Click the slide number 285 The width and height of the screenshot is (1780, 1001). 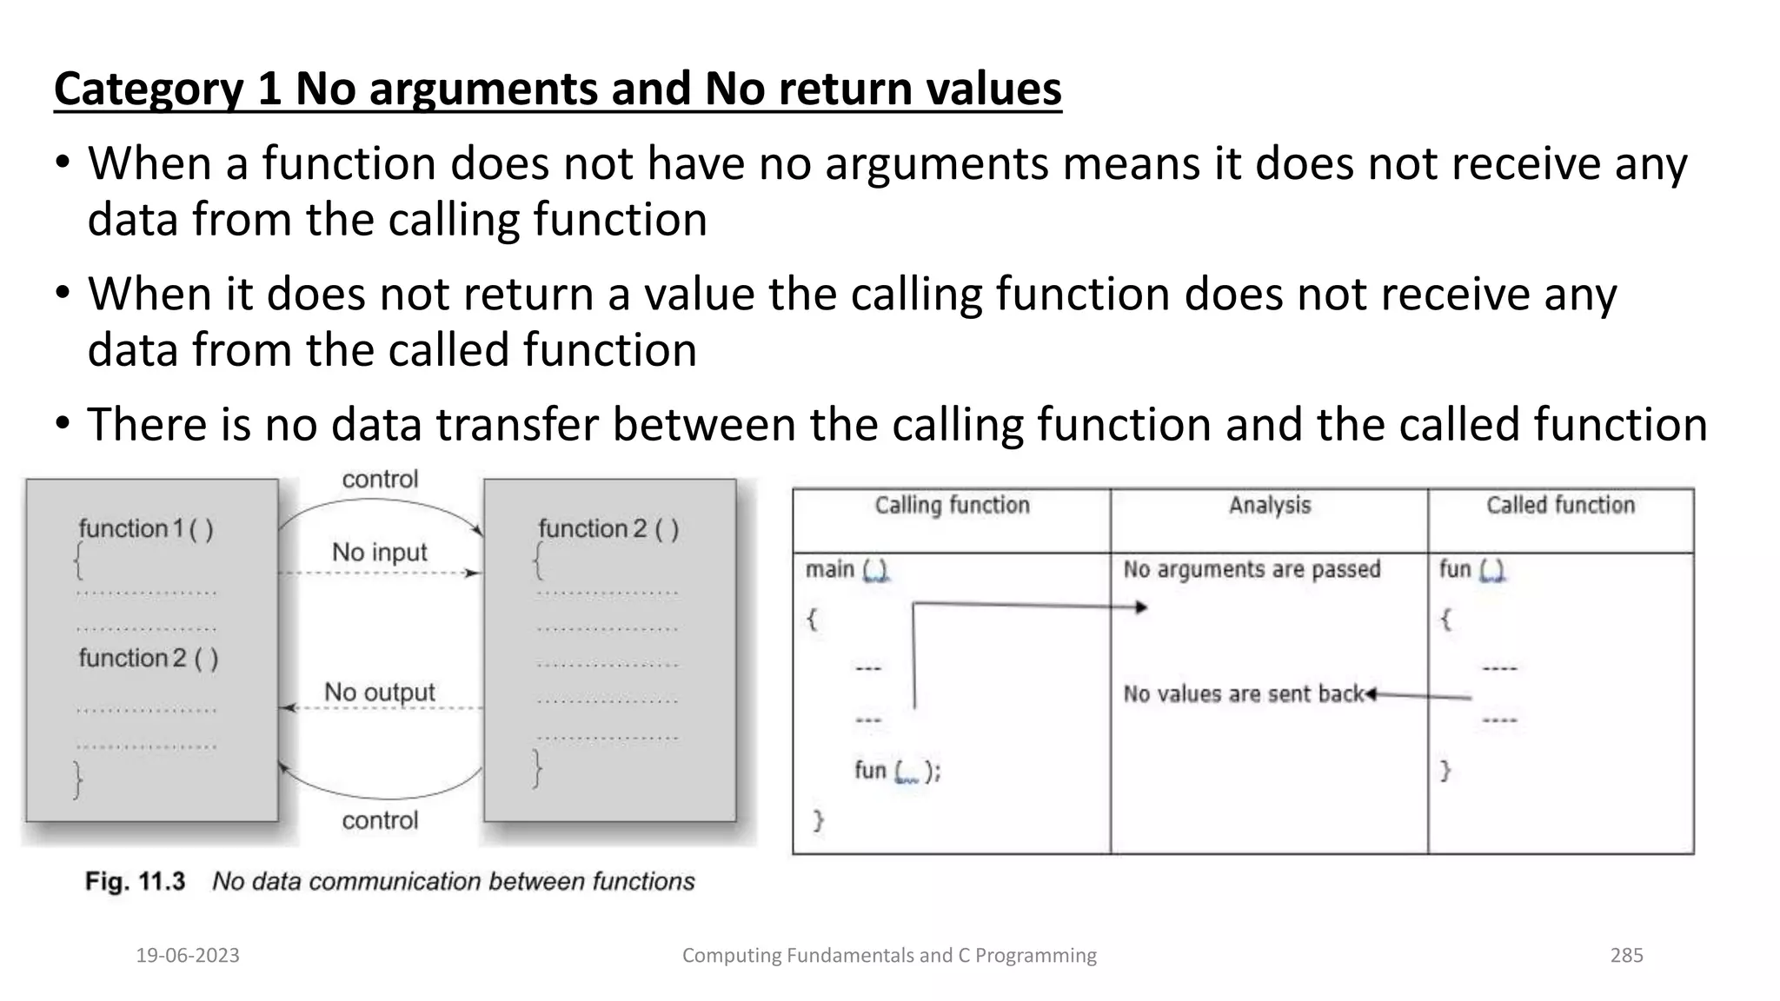point(1626,955)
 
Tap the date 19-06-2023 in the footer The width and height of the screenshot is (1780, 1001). point(188,955)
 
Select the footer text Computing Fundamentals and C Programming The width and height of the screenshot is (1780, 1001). point(889,955)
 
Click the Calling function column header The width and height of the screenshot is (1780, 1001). point(952,506)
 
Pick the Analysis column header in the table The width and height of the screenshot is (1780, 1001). point(1269,506)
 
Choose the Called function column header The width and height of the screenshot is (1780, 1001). point(1560,506)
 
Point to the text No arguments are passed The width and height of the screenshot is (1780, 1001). point(1252,570)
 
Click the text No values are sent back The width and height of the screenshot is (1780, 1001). point(1243,694)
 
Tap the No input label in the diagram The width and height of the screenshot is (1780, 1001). point(380,553)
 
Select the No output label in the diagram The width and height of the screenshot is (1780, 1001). point(380,693)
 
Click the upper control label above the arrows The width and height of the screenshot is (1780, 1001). point(380,480)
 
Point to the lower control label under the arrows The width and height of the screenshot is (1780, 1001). point(380,820)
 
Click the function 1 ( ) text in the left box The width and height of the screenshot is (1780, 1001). point(146,529)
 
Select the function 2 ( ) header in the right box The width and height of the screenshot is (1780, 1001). point(608,529)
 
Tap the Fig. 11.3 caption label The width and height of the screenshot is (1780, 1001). point(135,882)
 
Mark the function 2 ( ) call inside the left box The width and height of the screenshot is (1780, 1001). point(149,659)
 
